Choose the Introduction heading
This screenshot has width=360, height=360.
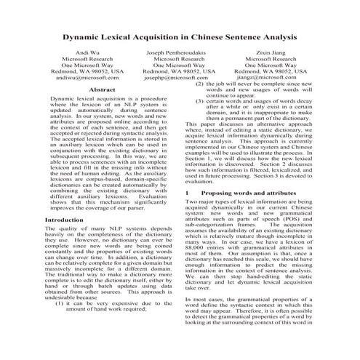click(x=64, y=219)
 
